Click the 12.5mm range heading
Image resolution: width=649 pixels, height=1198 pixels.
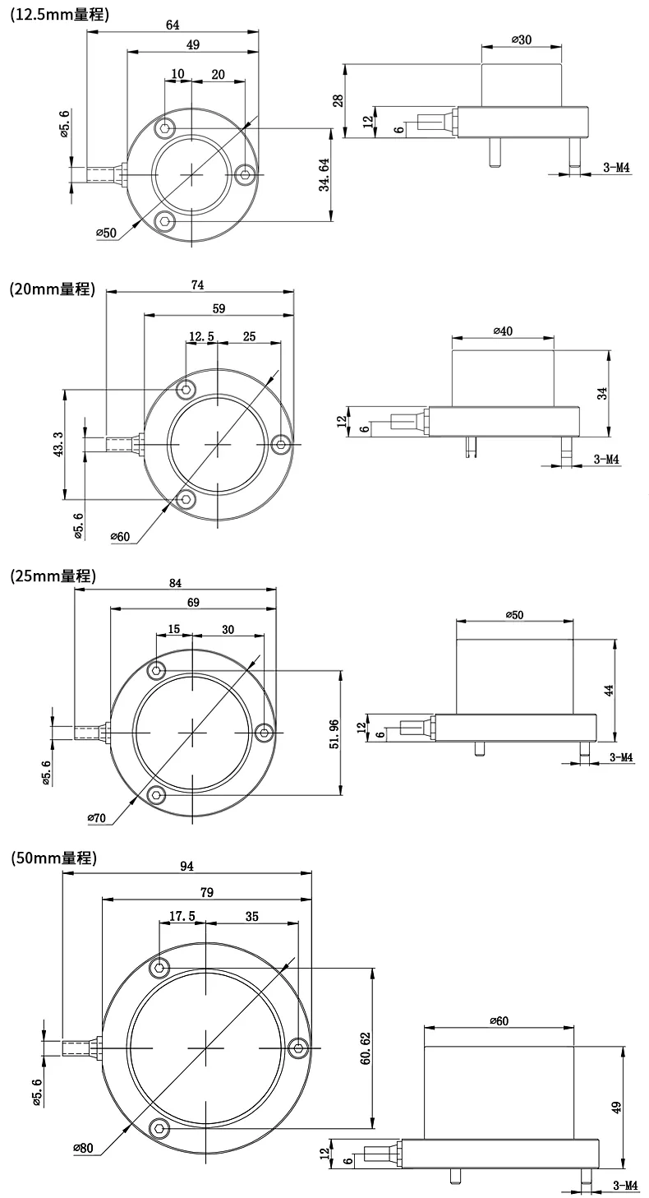pos(59,15)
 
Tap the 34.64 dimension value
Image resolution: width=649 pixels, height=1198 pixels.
pos(324,175)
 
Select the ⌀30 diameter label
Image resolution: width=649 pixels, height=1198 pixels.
pos(522,39)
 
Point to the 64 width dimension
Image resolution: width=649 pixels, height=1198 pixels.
pos(173,25)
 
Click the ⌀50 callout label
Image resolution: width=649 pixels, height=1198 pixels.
pos(106,233)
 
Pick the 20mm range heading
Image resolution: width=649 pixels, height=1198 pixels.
pos(53,289)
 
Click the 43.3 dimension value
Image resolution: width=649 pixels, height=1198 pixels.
pos(59,443)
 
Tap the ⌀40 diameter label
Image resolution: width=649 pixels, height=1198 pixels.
pos(503,331)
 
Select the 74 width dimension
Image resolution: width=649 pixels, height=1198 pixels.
pos(198,285)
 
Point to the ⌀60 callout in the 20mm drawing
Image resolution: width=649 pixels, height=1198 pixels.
pos(120,536)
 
